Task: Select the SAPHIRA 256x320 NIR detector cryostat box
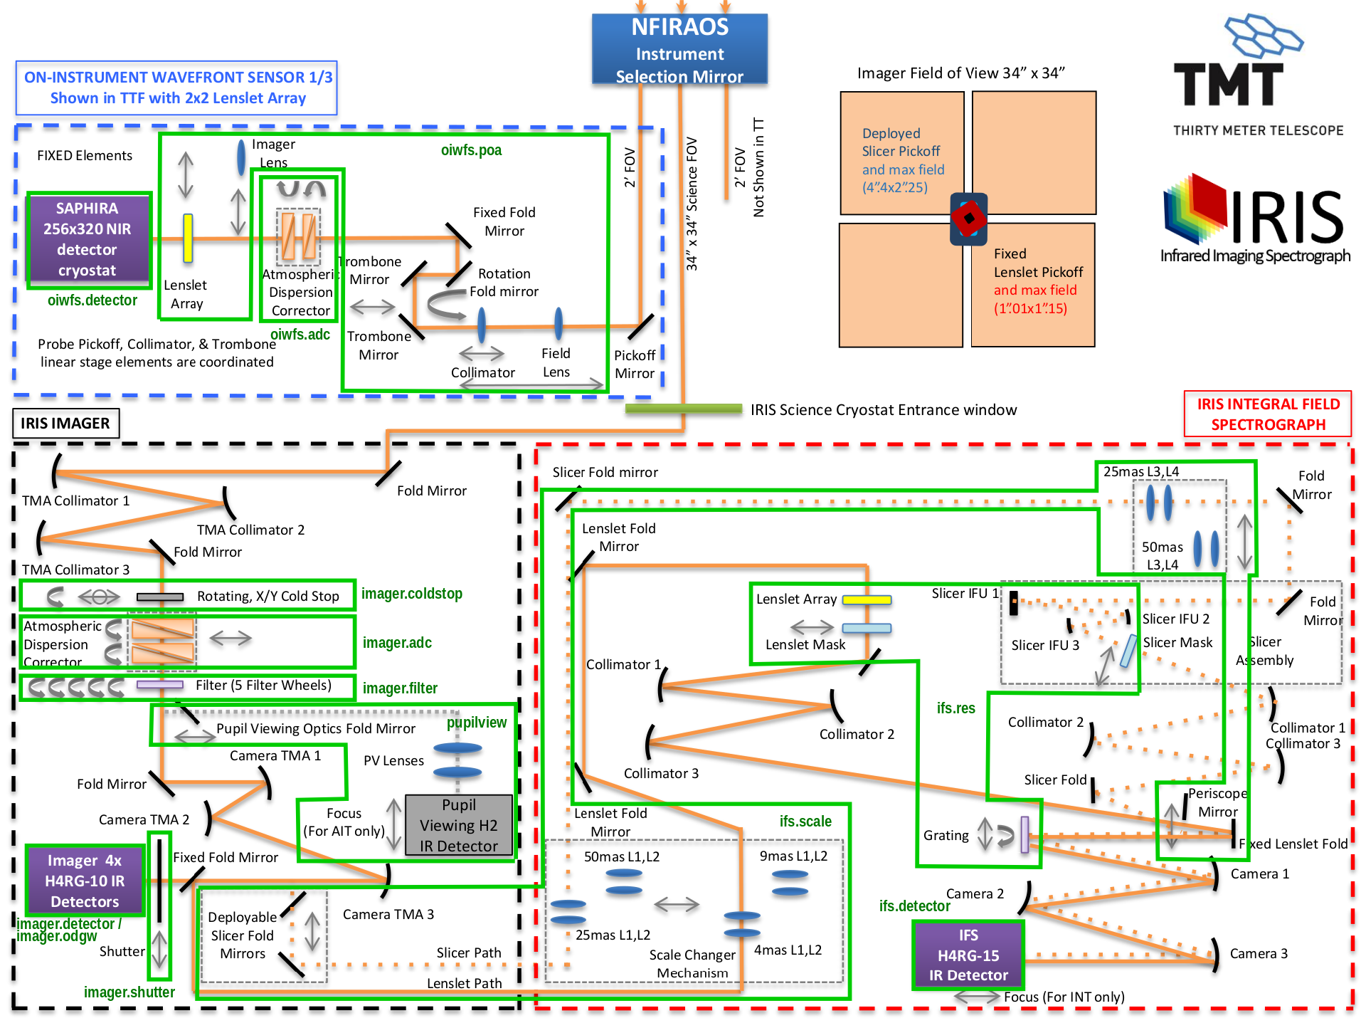pyautogui.click(x=88, y=239)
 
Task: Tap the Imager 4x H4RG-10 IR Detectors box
pyautogui.click(x=85, y=881)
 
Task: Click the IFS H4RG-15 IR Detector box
pyautogui.click(x=968, y=955)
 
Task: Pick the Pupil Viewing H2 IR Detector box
pyautogui.click(x=458, y=825)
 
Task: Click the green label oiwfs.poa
pyautogui.click(x=471, y=150)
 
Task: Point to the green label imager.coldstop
pyautogui.click(x=411, y=594)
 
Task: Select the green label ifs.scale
pyautogui.click(x=805, y=822)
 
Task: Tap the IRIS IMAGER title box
pyautogui.click(x=65, y=424)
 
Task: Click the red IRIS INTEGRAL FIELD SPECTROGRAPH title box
pyautogui.click(x=1268, y=414)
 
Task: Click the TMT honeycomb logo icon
pyautogui.click(x=1262, y=36)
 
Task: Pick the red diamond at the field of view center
pyautogui.click(x=968, y=219)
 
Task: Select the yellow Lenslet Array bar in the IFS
pyautogui.click(x=867, y=600)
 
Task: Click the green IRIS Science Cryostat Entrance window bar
pyautogui.click(x=683, y=409)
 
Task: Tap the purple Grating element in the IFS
pyautogui.click(x=1025, y=834)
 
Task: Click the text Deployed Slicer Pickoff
pyautogui.click(x=901, y=142)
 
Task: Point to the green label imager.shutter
pyautogui.click(x=129, y=992)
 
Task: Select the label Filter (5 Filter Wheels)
pyautogui.click(x=263, y=686)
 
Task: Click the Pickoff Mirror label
pyautogui.click(x=634, y=364)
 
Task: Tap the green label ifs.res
pyautogui.click(x=955, y=708)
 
